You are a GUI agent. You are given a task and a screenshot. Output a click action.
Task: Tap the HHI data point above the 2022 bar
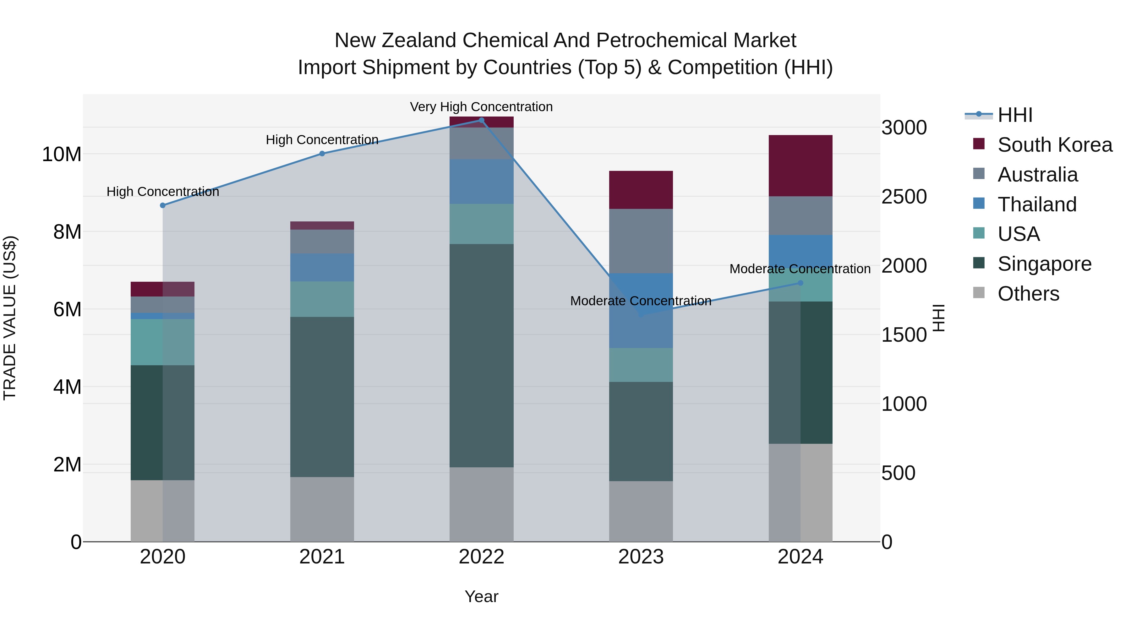tap(481, 120)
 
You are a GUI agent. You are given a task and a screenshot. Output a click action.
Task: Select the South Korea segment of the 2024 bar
tap(800, 166)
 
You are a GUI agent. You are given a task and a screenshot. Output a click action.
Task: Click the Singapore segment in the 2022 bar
tap(481, 356)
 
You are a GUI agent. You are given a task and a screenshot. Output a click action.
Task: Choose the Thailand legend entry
tap(1037, 204)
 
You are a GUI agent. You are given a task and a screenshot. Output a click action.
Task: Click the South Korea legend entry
tap(1055, 145)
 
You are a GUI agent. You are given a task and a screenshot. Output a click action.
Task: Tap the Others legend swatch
tap(979, 293)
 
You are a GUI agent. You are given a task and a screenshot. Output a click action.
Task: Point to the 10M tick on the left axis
tap(62, 155)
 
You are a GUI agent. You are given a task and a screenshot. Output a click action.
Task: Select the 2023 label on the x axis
tap(641, 557)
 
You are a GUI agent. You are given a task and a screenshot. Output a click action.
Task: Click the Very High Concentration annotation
tap(481, 107)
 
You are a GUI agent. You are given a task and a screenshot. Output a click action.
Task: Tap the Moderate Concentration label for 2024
tap(800, 269)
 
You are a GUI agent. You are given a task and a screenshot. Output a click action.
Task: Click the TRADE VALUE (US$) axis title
tap(10, 318)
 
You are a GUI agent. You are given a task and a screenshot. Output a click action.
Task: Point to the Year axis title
tap(481, 596)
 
